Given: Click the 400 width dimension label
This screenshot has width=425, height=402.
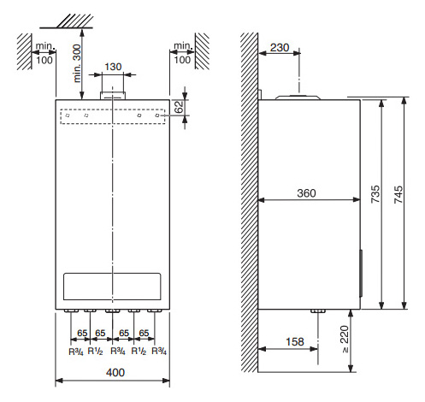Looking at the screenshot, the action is point(115,372).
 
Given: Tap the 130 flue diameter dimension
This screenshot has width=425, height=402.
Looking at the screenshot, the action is point(113,67).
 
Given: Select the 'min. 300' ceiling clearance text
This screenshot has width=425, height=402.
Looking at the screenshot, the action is point(77,63).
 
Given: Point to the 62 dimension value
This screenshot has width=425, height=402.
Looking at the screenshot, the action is point(179,107).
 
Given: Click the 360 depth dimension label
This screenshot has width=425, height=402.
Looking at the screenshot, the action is point(306,193).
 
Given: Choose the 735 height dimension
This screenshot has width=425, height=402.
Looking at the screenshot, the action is point(375,194).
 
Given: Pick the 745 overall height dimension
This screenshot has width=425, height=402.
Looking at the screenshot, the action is point(398,194).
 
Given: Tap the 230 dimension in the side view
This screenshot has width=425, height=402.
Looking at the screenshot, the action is point(280,48).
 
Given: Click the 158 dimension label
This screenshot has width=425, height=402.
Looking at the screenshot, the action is point(295,341).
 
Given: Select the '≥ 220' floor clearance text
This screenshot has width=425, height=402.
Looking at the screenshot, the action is point(345,339).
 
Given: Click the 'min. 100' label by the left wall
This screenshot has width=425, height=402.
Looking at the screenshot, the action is point(44,53).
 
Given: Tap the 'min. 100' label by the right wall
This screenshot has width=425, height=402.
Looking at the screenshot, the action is point(182,53).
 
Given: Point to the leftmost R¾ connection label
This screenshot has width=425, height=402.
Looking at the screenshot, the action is point(76,352).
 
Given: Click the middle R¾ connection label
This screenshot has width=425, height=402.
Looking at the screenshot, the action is point(118,351).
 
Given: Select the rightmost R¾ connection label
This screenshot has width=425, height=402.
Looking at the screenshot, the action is point(159,351).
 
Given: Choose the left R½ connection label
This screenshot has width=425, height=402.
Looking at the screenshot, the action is point(95,351).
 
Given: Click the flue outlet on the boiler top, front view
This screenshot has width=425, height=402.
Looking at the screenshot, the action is point(113,96).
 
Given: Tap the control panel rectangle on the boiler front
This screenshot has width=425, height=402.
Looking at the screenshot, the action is point(112,287).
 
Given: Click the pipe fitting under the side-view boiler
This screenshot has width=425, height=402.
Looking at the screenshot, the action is point(318,310).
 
